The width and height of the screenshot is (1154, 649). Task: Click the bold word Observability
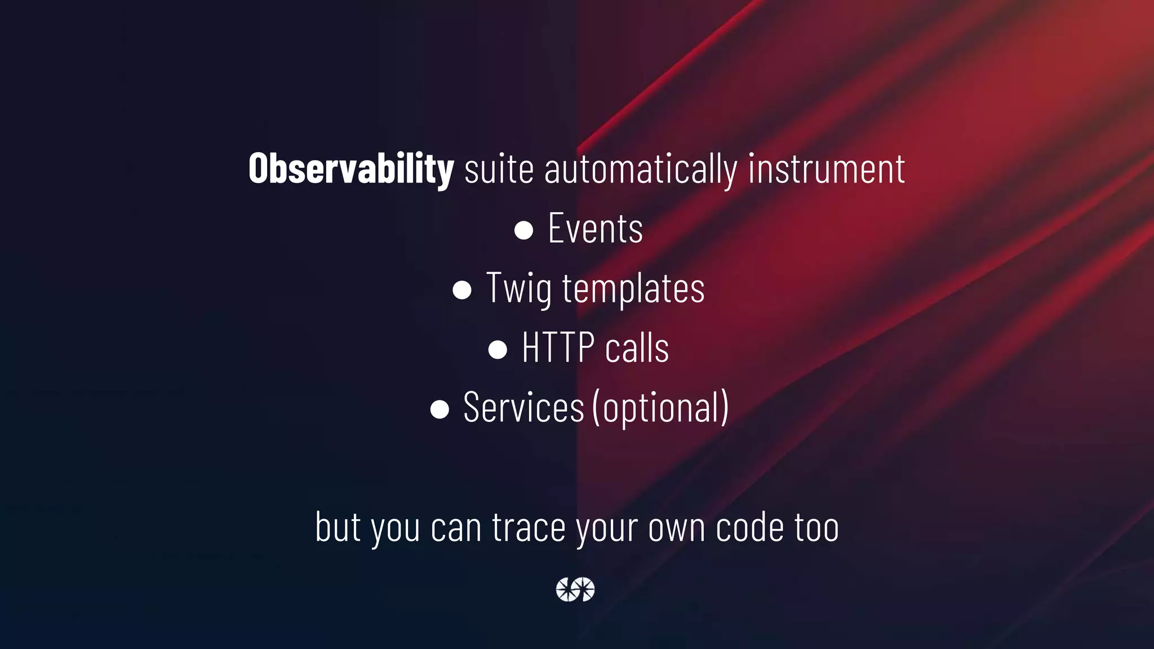(350, 168)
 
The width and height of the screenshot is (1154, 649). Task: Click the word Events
(595, 229)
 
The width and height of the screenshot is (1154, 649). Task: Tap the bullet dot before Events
(523, 230)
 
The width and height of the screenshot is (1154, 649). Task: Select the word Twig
(518, 288)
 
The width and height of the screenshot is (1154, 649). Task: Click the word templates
(633, 288)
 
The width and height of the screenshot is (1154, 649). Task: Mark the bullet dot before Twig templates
(462, 290)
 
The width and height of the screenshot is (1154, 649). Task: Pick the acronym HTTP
(558, 348)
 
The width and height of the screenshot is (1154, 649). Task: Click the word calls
(637, 348)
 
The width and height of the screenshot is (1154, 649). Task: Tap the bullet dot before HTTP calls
(498, 349)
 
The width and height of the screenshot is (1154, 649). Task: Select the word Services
(523, 407)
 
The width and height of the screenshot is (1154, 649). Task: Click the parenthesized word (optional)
(660, 407)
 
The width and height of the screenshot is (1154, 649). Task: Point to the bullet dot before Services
(440, 409)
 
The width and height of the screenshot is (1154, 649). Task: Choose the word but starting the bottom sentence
(338, 527)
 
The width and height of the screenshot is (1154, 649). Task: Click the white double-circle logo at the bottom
(575, 589)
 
